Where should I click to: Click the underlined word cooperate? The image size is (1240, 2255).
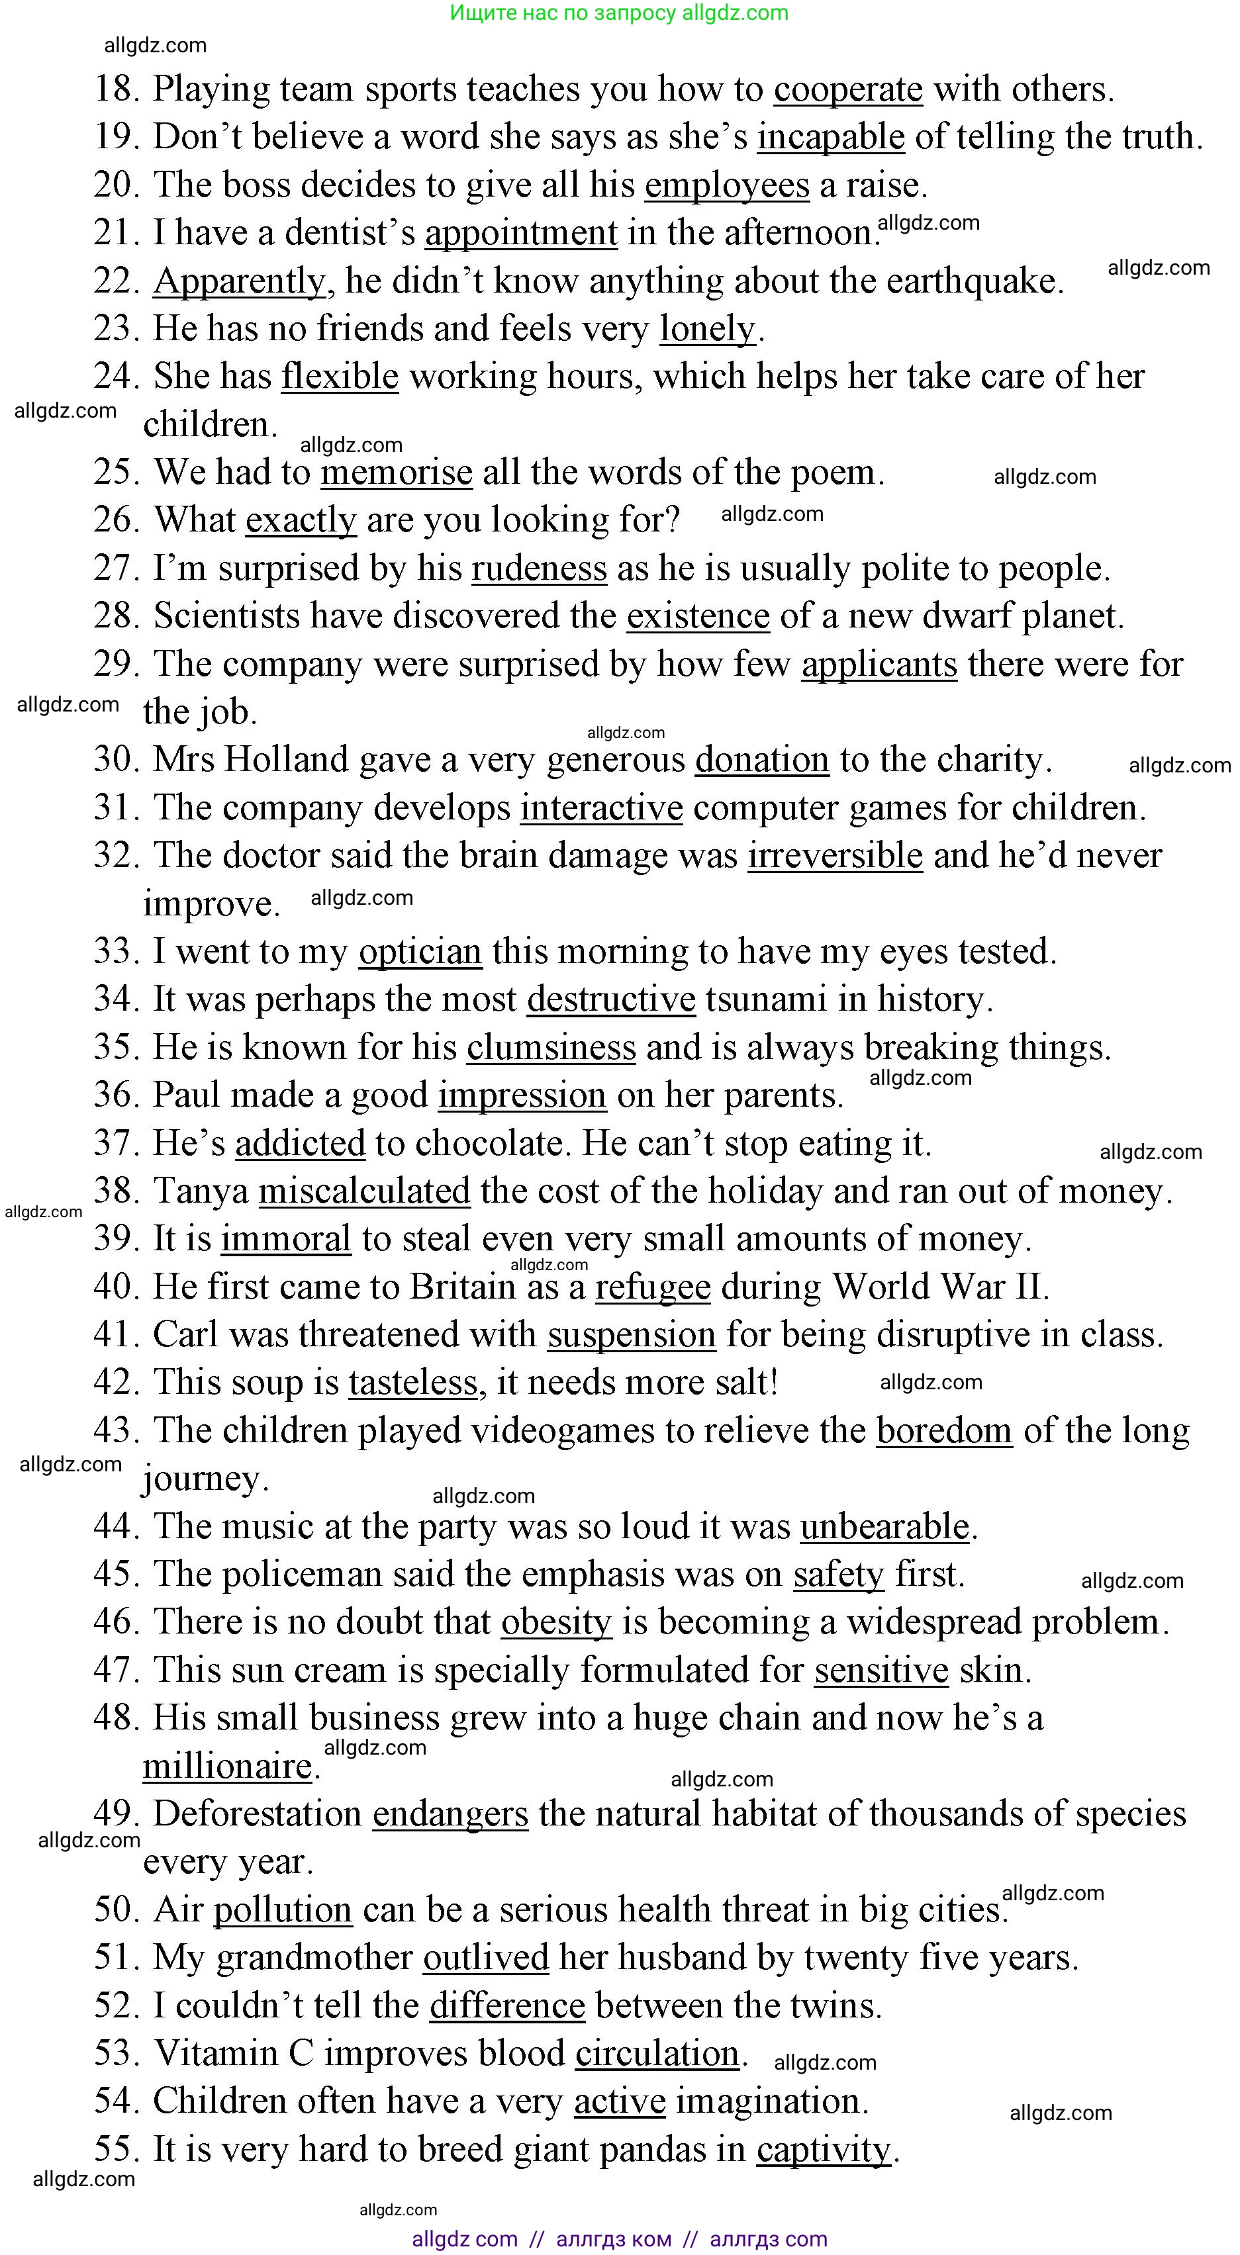click(x=847, y=89)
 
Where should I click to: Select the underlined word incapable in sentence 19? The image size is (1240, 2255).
click(x=830, y=138)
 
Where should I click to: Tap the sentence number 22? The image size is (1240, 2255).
click(x=117, y=281)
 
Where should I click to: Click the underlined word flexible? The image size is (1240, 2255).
click(x=340, y=377)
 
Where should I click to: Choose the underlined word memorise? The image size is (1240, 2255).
click(x=396, y=473)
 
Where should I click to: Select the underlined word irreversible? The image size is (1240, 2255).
click(x=835, y=855)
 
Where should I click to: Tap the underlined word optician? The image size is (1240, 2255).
click(x=420, y=952)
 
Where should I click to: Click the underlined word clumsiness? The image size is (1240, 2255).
click(x=551, y=1048)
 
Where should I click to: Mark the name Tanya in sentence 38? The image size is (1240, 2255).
click(x=201, y=1191)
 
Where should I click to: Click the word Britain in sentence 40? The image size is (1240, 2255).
click(x=462, y=1287)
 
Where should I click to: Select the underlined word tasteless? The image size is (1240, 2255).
click(x=412, y=1383)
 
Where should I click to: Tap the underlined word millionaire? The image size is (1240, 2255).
click(x=228, y=1767)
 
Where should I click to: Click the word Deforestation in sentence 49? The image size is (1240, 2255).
click(x=258, y=1814)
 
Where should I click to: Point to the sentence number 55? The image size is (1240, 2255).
click(x=117, y=2149)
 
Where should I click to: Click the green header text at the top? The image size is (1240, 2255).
click(x=619, y=13)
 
